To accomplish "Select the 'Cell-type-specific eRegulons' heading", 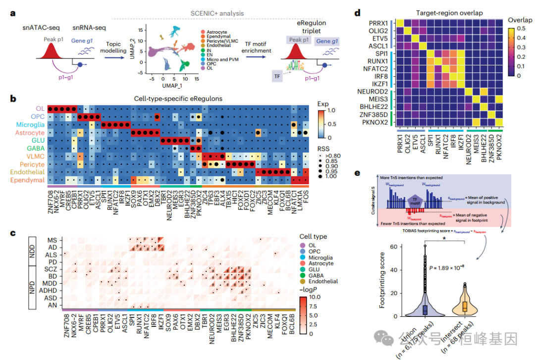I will pos(177,98).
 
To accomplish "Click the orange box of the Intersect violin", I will pos(465,306).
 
